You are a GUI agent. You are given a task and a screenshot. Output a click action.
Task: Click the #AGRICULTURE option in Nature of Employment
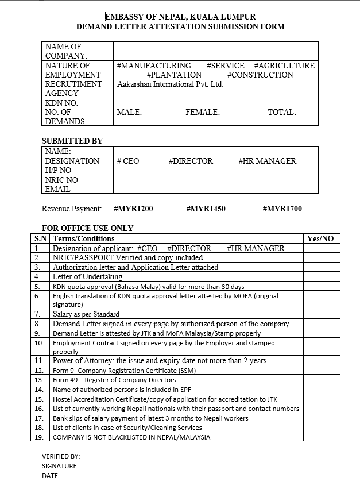coord(284,66)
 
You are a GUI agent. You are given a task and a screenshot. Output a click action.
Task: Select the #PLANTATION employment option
coord(174,75)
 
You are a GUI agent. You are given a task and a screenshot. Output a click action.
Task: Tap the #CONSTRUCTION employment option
coord(260,75)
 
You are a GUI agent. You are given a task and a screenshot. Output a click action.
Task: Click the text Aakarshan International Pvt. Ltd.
coord(170,84)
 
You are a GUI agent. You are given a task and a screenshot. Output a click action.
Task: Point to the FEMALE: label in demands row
coord(203,113)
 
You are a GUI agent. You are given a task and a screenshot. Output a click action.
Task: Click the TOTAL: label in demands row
coord(282,113)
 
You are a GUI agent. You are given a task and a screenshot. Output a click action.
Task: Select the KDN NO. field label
coord(61,103)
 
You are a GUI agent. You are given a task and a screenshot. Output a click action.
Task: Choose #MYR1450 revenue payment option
coord(206,209)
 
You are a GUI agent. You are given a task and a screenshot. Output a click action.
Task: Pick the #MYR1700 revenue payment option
coord(282,209)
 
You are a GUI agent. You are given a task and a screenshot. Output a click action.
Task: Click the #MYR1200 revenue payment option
coord(133,209)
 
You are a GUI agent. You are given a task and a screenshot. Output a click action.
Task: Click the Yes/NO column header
coord(320,238)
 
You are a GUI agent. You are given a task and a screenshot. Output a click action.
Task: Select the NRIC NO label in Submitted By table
coord(61,180)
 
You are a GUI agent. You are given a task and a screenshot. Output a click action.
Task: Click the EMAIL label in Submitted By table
coord(58,189)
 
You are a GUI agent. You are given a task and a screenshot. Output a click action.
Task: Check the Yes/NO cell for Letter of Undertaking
coord(321,276)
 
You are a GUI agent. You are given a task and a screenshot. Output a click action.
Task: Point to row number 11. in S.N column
coord(40,360)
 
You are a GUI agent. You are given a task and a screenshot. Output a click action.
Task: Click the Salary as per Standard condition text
coord(86,314)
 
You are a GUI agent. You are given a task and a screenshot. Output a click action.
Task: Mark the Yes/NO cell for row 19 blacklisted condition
coord(321,437)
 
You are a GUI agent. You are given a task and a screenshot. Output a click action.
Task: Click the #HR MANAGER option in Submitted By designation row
coord(267,161)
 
